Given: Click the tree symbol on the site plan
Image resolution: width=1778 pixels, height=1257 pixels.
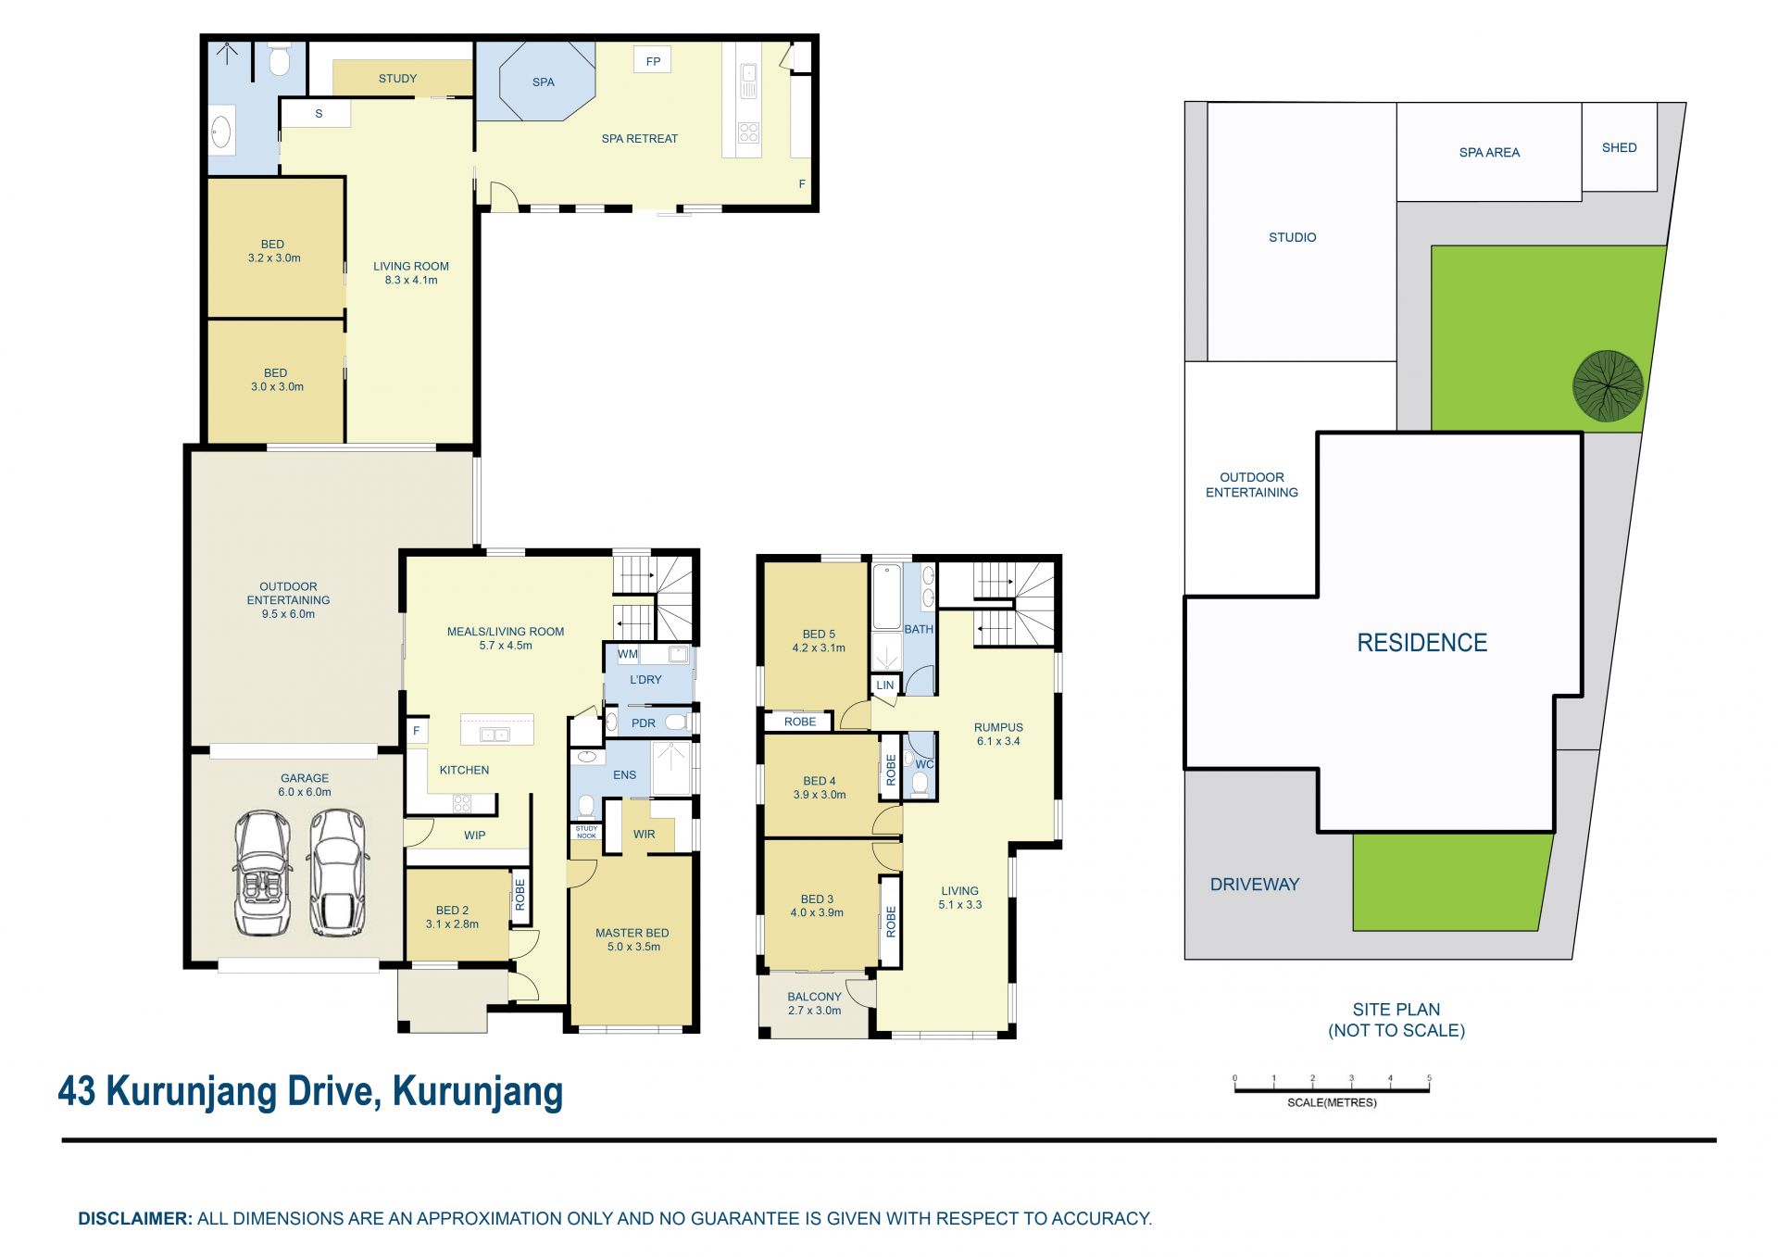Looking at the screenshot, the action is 1608,385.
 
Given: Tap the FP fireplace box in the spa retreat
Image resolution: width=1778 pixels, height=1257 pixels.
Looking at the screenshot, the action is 653,61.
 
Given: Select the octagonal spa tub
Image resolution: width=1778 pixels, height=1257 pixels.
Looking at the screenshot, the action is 546,81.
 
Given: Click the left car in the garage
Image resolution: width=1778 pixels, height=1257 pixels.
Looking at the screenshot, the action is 262,873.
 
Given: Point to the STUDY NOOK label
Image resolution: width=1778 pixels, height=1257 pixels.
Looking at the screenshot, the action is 586,832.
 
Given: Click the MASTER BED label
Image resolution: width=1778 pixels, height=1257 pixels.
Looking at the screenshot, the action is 632,933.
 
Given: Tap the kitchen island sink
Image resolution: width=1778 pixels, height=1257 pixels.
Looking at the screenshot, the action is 495,735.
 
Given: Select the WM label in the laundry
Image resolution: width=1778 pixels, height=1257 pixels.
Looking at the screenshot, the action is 628,654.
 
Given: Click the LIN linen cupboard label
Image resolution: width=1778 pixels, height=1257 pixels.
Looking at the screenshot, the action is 885,685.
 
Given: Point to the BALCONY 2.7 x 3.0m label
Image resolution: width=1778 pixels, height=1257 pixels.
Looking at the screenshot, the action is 815,1003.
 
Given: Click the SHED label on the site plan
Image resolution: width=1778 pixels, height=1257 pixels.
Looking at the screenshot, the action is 1620,147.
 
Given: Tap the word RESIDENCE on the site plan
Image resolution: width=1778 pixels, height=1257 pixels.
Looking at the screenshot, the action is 1422,643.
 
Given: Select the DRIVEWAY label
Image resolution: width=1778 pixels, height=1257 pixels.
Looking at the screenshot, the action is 1255,885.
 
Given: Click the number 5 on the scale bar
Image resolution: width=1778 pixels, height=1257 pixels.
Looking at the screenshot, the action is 1429,1078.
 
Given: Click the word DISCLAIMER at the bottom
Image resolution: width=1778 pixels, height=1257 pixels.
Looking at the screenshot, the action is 135,1219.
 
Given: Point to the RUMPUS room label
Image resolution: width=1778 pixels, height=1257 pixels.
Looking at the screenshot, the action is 998,727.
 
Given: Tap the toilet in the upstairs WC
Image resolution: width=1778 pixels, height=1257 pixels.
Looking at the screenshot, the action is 920,784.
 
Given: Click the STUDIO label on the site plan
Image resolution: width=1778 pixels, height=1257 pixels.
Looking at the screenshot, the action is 1293,237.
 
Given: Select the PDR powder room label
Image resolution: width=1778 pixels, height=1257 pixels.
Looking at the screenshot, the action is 644,723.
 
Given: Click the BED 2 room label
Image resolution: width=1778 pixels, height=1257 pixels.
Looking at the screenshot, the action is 453,911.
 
